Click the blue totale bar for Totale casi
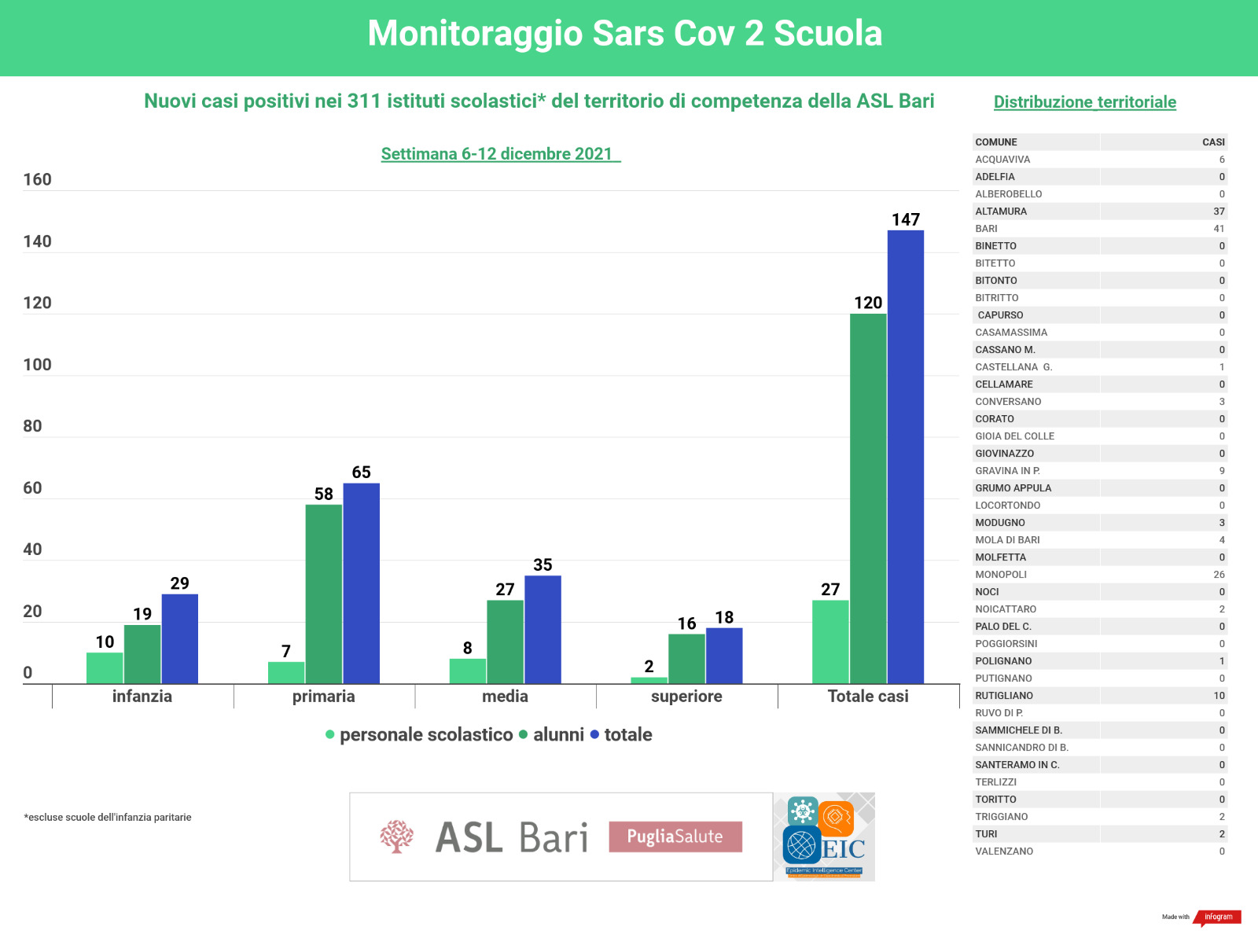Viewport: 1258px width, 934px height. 906,456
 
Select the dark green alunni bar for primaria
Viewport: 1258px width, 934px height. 324,594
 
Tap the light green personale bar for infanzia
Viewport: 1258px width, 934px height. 105,667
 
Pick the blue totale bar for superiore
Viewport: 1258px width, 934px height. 724,655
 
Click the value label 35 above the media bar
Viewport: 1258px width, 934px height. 543,564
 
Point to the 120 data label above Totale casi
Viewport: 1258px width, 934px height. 868,303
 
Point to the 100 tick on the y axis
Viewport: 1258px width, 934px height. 37,365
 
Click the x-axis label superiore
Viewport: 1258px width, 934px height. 686,696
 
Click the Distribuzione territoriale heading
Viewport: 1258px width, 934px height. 1084,102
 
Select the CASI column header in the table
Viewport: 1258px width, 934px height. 1213,142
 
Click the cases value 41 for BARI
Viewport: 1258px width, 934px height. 1219,229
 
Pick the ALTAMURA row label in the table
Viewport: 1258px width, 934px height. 1001,211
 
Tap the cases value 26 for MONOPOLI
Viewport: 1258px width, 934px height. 1219,575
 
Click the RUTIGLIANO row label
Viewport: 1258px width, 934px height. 1004,696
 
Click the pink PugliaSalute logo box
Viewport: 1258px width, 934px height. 675,837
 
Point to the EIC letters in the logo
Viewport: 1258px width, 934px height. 844,849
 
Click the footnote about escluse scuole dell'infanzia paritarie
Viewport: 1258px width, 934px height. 108,818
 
